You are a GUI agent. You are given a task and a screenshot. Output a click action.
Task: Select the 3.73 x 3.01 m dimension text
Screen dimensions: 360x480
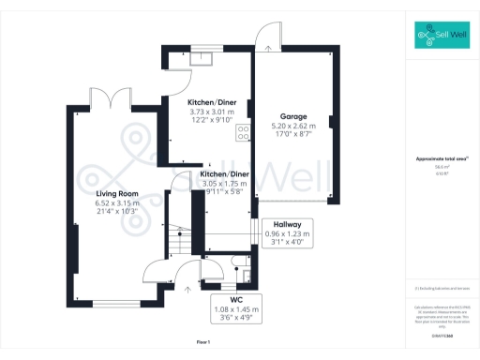[212, 112]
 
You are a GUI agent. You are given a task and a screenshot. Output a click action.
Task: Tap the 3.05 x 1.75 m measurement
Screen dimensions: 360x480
[226, 184]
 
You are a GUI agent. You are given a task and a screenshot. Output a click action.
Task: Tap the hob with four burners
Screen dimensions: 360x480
[243, 133]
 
